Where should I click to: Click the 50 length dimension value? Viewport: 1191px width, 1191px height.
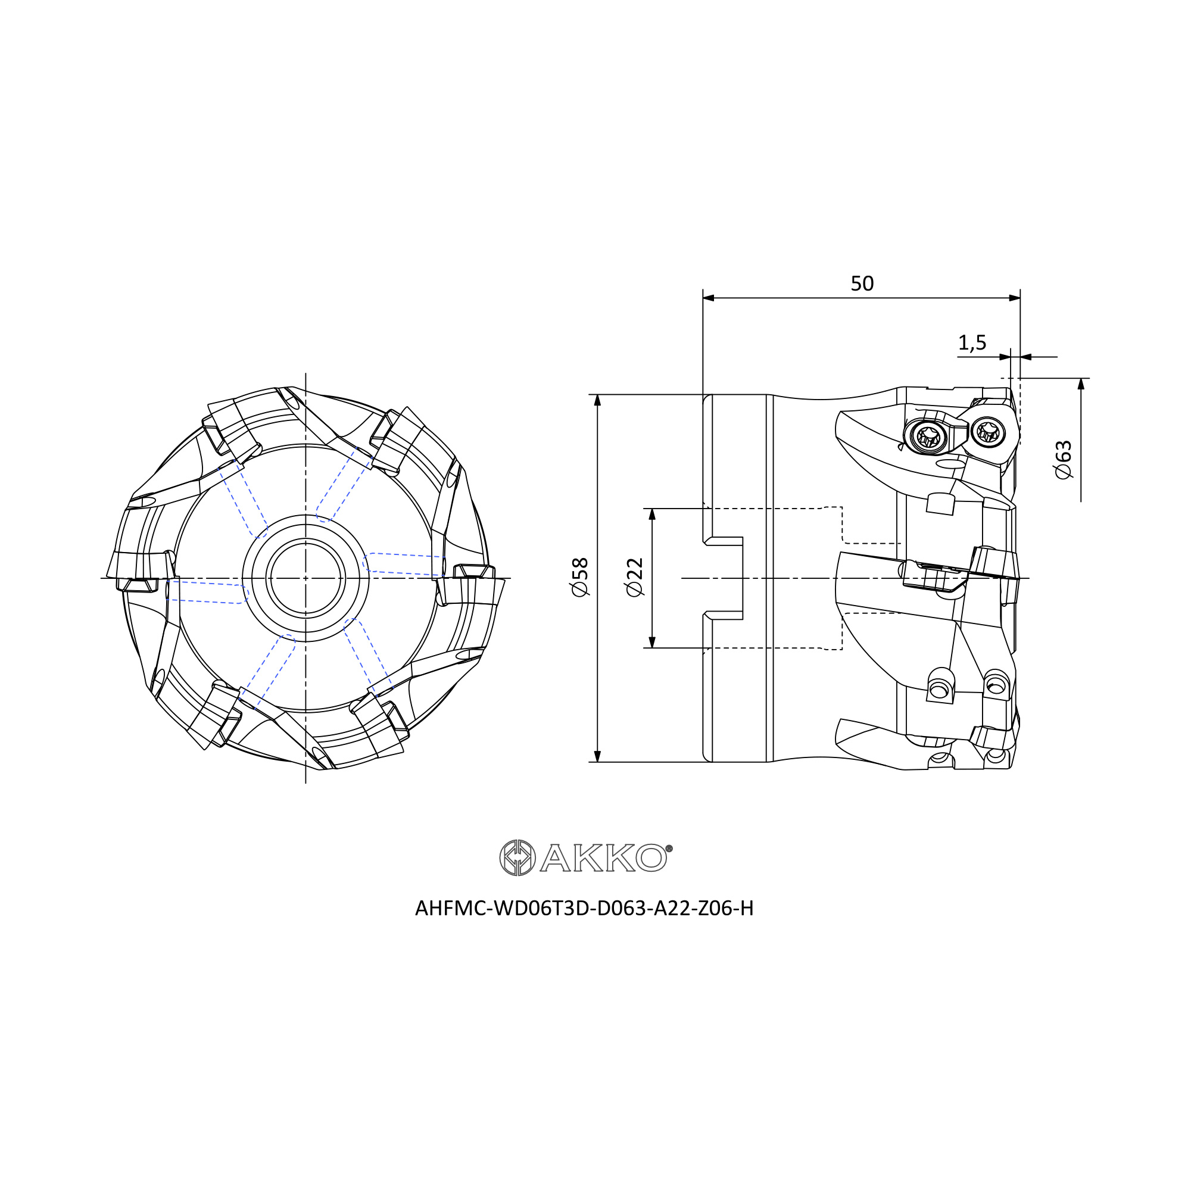[x=862, y=283]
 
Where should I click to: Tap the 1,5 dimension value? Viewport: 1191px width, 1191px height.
[x=972, y=343]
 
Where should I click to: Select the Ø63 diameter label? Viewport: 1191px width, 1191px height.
[x=1064, y=460]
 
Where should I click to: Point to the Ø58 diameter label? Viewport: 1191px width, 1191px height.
[x=580, y=577]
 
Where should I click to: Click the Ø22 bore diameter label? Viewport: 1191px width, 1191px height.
[x=634, y=577]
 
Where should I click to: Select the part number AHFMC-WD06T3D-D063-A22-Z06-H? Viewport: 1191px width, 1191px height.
[x=584, y=909]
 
